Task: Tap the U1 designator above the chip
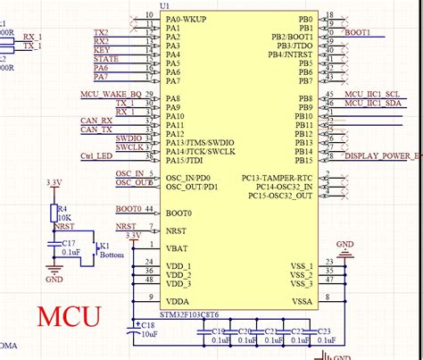point(164,6)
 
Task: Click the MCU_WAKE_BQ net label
point(111,94)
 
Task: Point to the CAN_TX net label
point(96,130)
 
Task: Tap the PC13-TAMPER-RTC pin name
point(277,178)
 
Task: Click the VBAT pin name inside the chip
point(177,247)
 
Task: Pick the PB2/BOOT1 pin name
point(292,37)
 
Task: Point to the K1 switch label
point(104,246)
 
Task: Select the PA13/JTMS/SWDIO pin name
point(200,142)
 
